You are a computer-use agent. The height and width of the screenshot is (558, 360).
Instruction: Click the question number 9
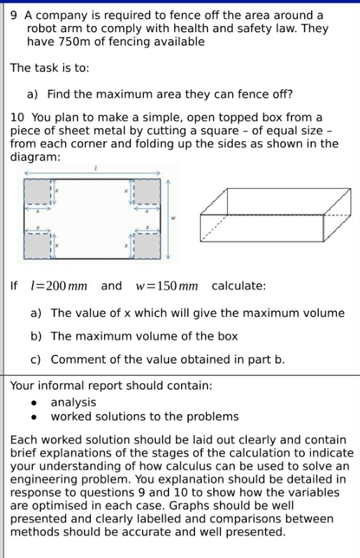[x=14, y=15]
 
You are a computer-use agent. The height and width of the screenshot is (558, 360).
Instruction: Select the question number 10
[x=17, y=117]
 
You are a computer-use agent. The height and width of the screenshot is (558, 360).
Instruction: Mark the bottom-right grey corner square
[x=146, y=245]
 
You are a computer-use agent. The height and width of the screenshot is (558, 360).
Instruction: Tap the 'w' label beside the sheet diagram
[x=174, y=218]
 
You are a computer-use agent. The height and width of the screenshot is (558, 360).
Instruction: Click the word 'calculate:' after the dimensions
[x=238, y=287]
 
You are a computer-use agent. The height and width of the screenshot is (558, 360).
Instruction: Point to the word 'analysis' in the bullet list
[x=73, y=403]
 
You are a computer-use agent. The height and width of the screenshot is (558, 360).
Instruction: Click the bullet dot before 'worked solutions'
[x=34, y=417]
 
